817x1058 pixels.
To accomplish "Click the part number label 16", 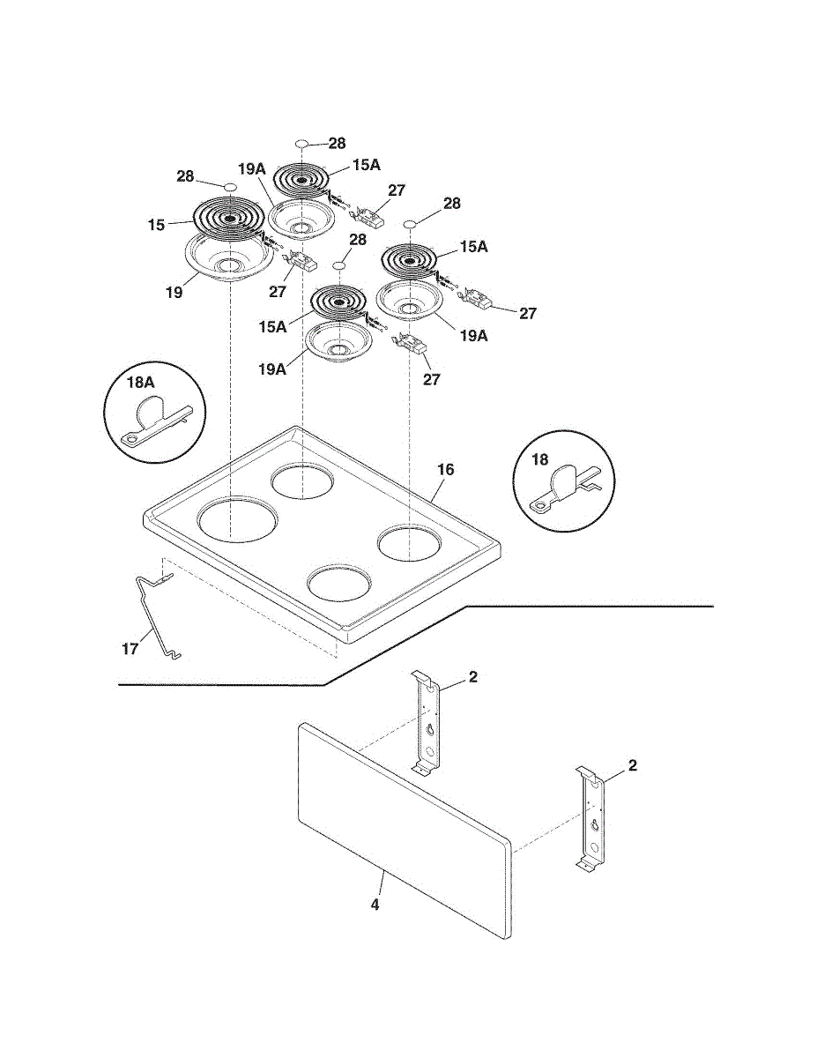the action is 446,469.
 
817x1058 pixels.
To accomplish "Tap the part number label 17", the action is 130,649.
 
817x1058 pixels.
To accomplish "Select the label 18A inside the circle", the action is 141,383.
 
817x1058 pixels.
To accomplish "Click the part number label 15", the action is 156,225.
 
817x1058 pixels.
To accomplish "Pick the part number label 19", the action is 174,293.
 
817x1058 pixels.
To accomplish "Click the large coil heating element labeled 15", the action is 228,219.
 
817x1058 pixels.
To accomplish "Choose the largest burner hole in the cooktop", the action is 238,518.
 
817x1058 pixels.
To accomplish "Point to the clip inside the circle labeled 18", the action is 566,489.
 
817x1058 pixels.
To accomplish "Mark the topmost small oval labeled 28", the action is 301,144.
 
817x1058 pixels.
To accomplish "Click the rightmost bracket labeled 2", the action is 590,818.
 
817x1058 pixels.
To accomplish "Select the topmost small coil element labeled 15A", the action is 301,182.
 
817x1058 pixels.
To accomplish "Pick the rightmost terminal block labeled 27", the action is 479,299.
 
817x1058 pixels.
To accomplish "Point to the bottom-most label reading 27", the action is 432,379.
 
